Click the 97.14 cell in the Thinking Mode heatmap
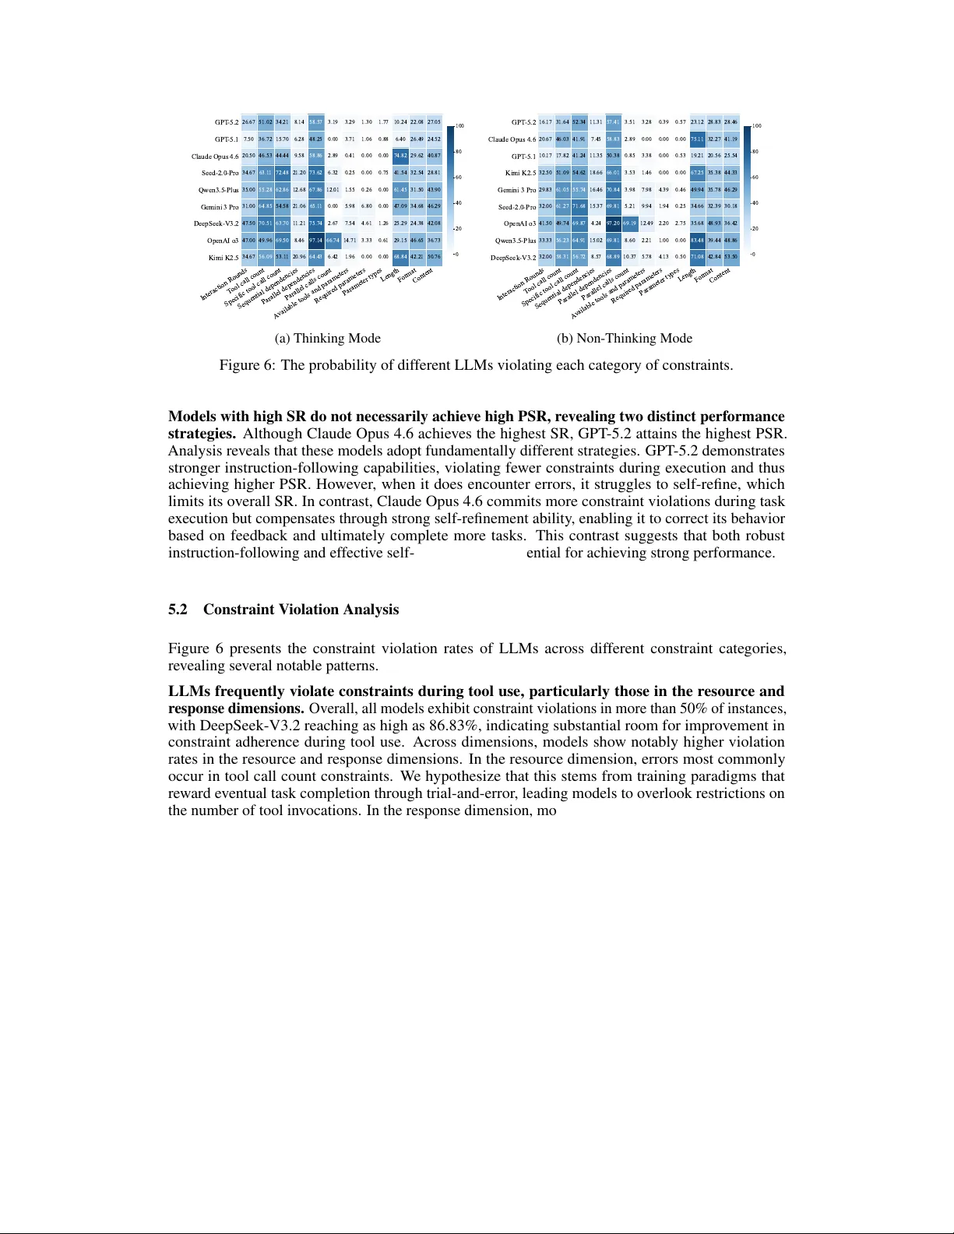pos(316,241)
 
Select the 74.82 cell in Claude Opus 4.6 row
pos(400,156)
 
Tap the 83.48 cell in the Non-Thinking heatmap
pos(698,241)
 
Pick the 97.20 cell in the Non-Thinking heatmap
pos(613,223)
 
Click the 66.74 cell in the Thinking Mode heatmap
pos(333,241)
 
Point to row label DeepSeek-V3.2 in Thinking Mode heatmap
pos(216,223)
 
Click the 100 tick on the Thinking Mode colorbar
pos(460,126)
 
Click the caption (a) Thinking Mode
pos(327,338)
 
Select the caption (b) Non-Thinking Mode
pos(625,338)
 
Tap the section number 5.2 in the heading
pos(178,610)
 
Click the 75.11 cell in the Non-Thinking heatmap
pos(698,139)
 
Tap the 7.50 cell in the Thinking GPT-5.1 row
pos(248,139)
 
